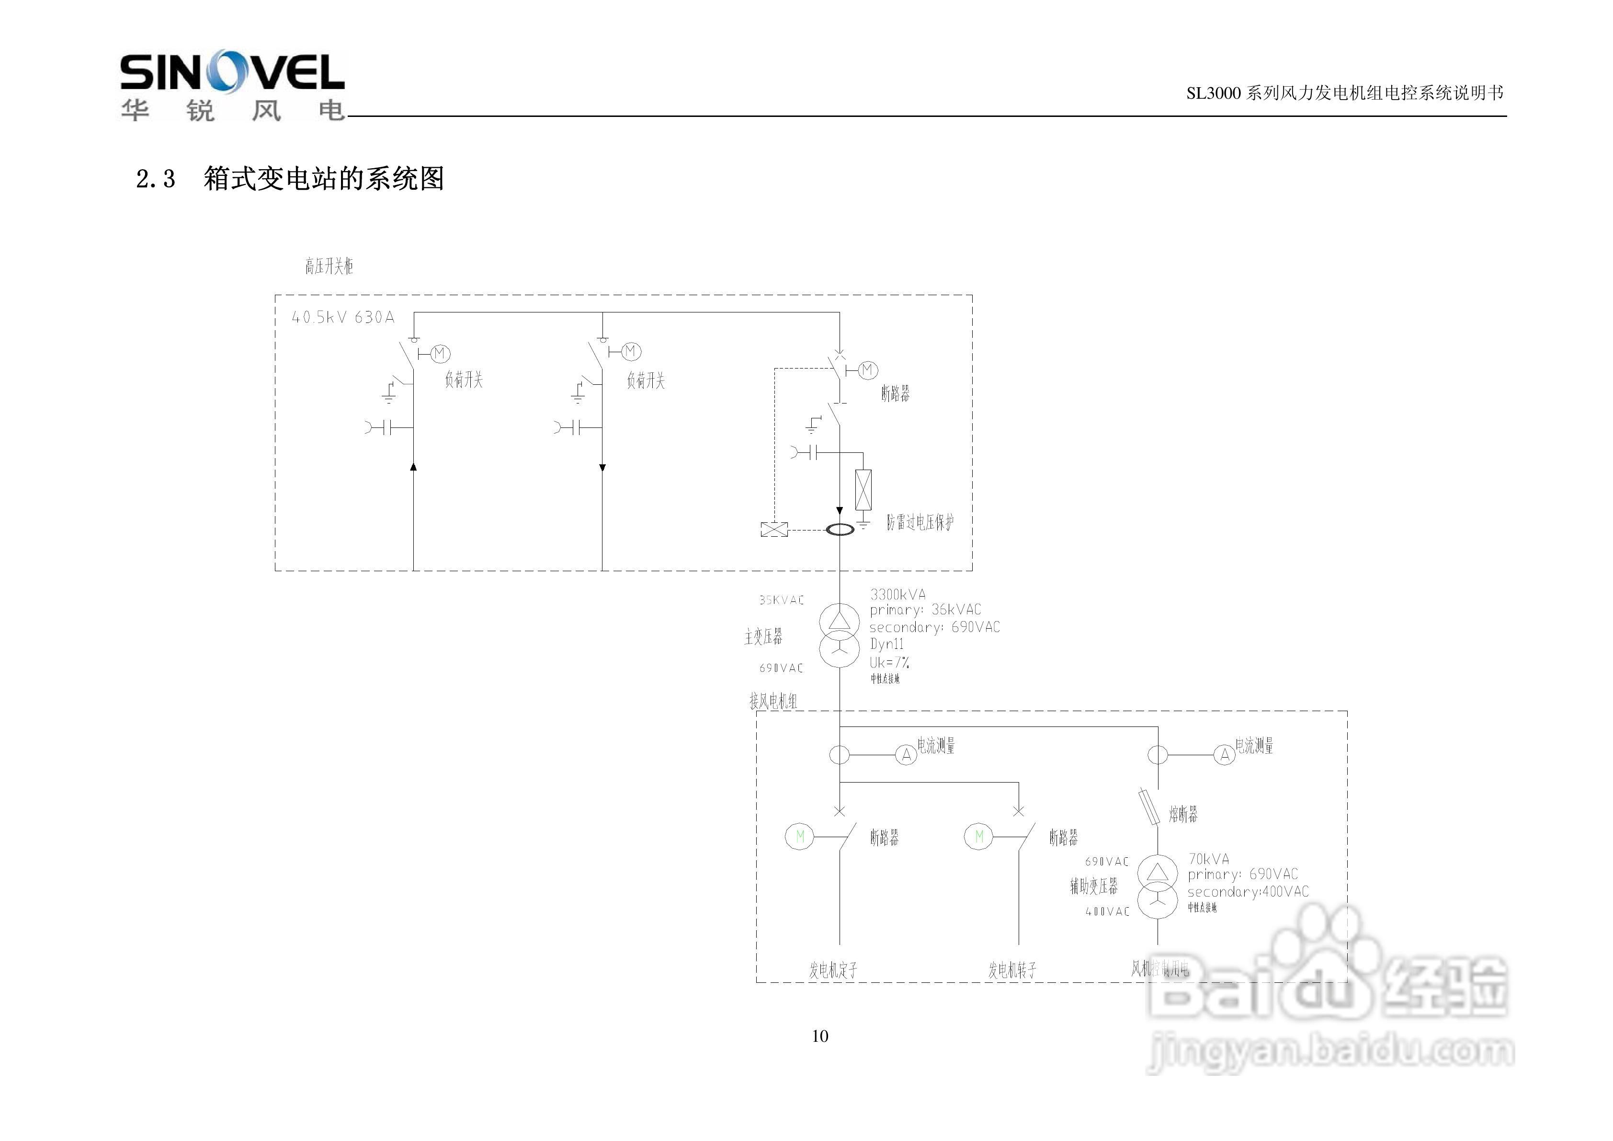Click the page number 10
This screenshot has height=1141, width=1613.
point(820,1036)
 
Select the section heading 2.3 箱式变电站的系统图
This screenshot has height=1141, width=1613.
point(289,179)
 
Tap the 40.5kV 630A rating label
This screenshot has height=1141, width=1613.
point(343,318)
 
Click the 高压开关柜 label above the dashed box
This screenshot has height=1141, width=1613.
point(329,266)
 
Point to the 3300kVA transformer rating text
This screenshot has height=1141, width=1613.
point(898,594)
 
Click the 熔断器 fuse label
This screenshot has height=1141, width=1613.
point(1183,814)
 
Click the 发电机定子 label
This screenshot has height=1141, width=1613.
point(833,970)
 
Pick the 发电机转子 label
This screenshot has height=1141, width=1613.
point(1012,970)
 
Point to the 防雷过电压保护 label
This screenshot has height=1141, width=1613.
point(920,522)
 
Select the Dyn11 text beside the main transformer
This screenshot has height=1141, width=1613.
point(886,644)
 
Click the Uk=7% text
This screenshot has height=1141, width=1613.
point(889,662)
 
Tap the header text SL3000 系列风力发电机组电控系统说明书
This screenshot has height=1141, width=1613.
point(1345,93)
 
